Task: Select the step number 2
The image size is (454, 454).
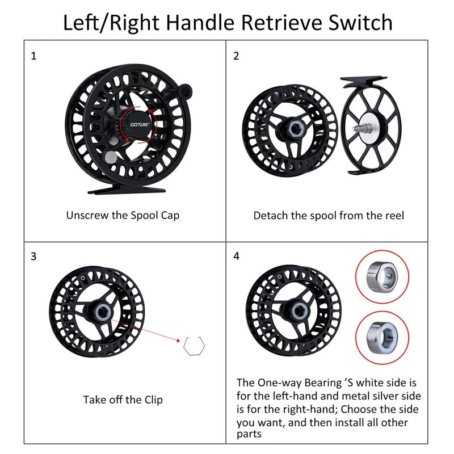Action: point(236,56)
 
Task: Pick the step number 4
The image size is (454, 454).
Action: point(236,256)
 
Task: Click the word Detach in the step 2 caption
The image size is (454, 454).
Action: point(271,216)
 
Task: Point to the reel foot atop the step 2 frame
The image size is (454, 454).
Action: point(363,81)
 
